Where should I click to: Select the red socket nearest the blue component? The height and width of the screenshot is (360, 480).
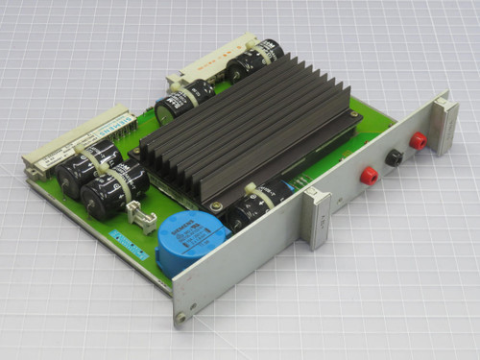368,176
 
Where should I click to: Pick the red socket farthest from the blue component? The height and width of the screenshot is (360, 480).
418,141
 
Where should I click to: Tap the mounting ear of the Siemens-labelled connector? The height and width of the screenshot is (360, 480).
33,166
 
